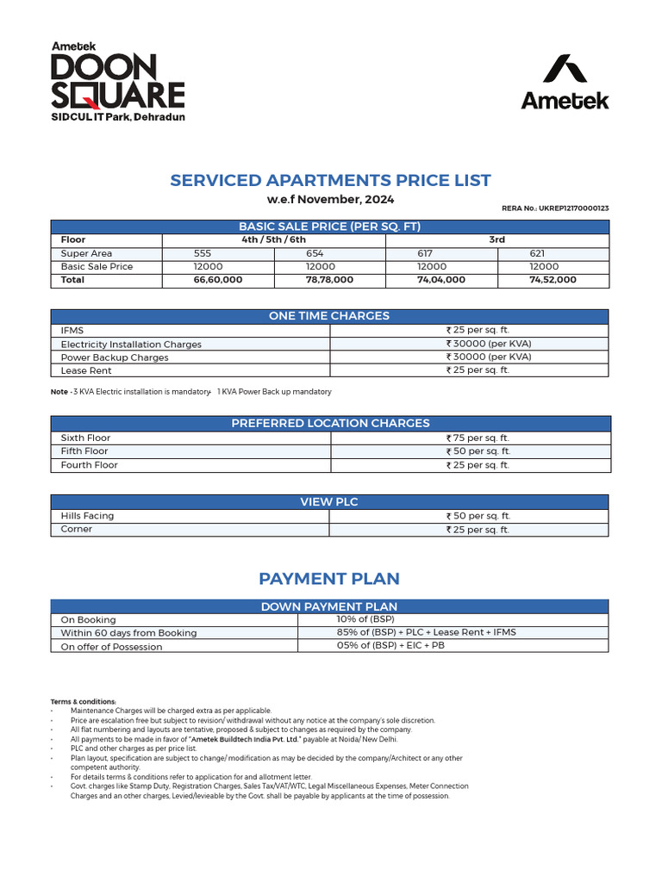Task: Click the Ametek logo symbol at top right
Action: point(565,70)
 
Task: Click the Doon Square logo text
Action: point(117,80)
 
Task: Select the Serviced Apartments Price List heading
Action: point(330,180)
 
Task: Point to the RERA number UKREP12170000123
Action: point(555,208)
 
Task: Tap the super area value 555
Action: point(203,253)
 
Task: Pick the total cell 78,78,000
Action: point(329,280)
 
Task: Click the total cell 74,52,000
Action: point(553,280)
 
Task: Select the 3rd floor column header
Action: point(496,239)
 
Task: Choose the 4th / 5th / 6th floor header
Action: point(273,239)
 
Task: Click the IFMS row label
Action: point(72,330)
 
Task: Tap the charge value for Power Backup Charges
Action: point(488,357)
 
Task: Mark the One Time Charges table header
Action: point(329,316)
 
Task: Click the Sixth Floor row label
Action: point(85,438)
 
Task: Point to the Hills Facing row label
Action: point(87,516)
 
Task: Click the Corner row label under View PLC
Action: point(77,529)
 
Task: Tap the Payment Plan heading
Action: point(329,579)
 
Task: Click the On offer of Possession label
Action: point(111,646)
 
